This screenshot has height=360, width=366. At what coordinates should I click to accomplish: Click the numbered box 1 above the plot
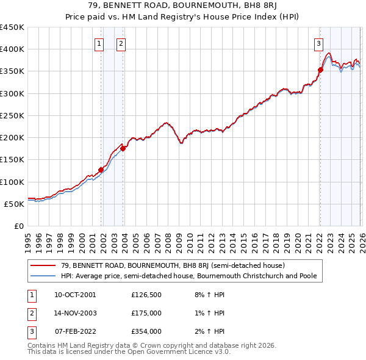click(x=99, y=43)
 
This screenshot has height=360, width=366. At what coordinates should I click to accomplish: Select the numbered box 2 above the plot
click(x=121, y=43)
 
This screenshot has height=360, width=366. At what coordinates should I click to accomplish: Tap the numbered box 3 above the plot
click(x=318, y=43)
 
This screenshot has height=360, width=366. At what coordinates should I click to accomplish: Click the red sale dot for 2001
click(x=101, y=170)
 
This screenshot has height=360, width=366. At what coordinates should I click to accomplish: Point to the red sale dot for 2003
click(x=123, y=148)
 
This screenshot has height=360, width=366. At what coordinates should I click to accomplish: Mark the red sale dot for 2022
click(x=320, y=70)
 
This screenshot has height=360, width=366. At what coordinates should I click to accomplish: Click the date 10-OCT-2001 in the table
click(x=75, y=295)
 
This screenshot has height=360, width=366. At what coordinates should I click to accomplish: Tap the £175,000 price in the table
click(x=146, y=313)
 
